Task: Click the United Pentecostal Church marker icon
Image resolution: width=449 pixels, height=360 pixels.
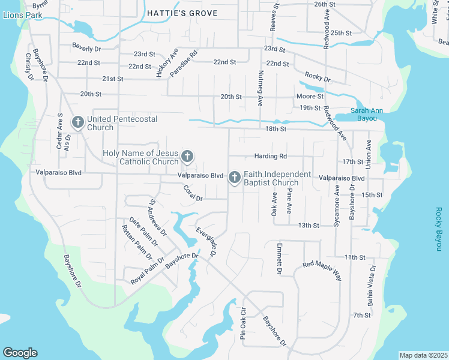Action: tap(77, 122)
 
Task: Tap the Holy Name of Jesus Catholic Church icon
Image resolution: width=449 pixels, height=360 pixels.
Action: tap(187, 157)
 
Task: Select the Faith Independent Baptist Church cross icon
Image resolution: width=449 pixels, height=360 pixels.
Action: tap(235, 178)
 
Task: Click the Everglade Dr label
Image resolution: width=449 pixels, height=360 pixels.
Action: tap(206, 243)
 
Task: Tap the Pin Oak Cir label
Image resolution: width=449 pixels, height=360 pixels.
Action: tap(244, 325)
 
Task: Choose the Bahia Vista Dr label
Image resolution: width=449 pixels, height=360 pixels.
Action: tap(372, 285)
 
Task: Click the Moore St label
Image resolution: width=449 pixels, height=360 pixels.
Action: tap(310, 97)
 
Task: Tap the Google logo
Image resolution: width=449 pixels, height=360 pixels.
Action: tap(20, 353)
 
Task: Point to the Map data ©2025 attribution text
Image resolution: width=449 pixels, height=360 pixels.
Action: tap(423, 355)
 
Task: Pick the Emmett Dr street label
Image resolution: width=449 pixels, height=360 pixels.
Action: tap(279, 259)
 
